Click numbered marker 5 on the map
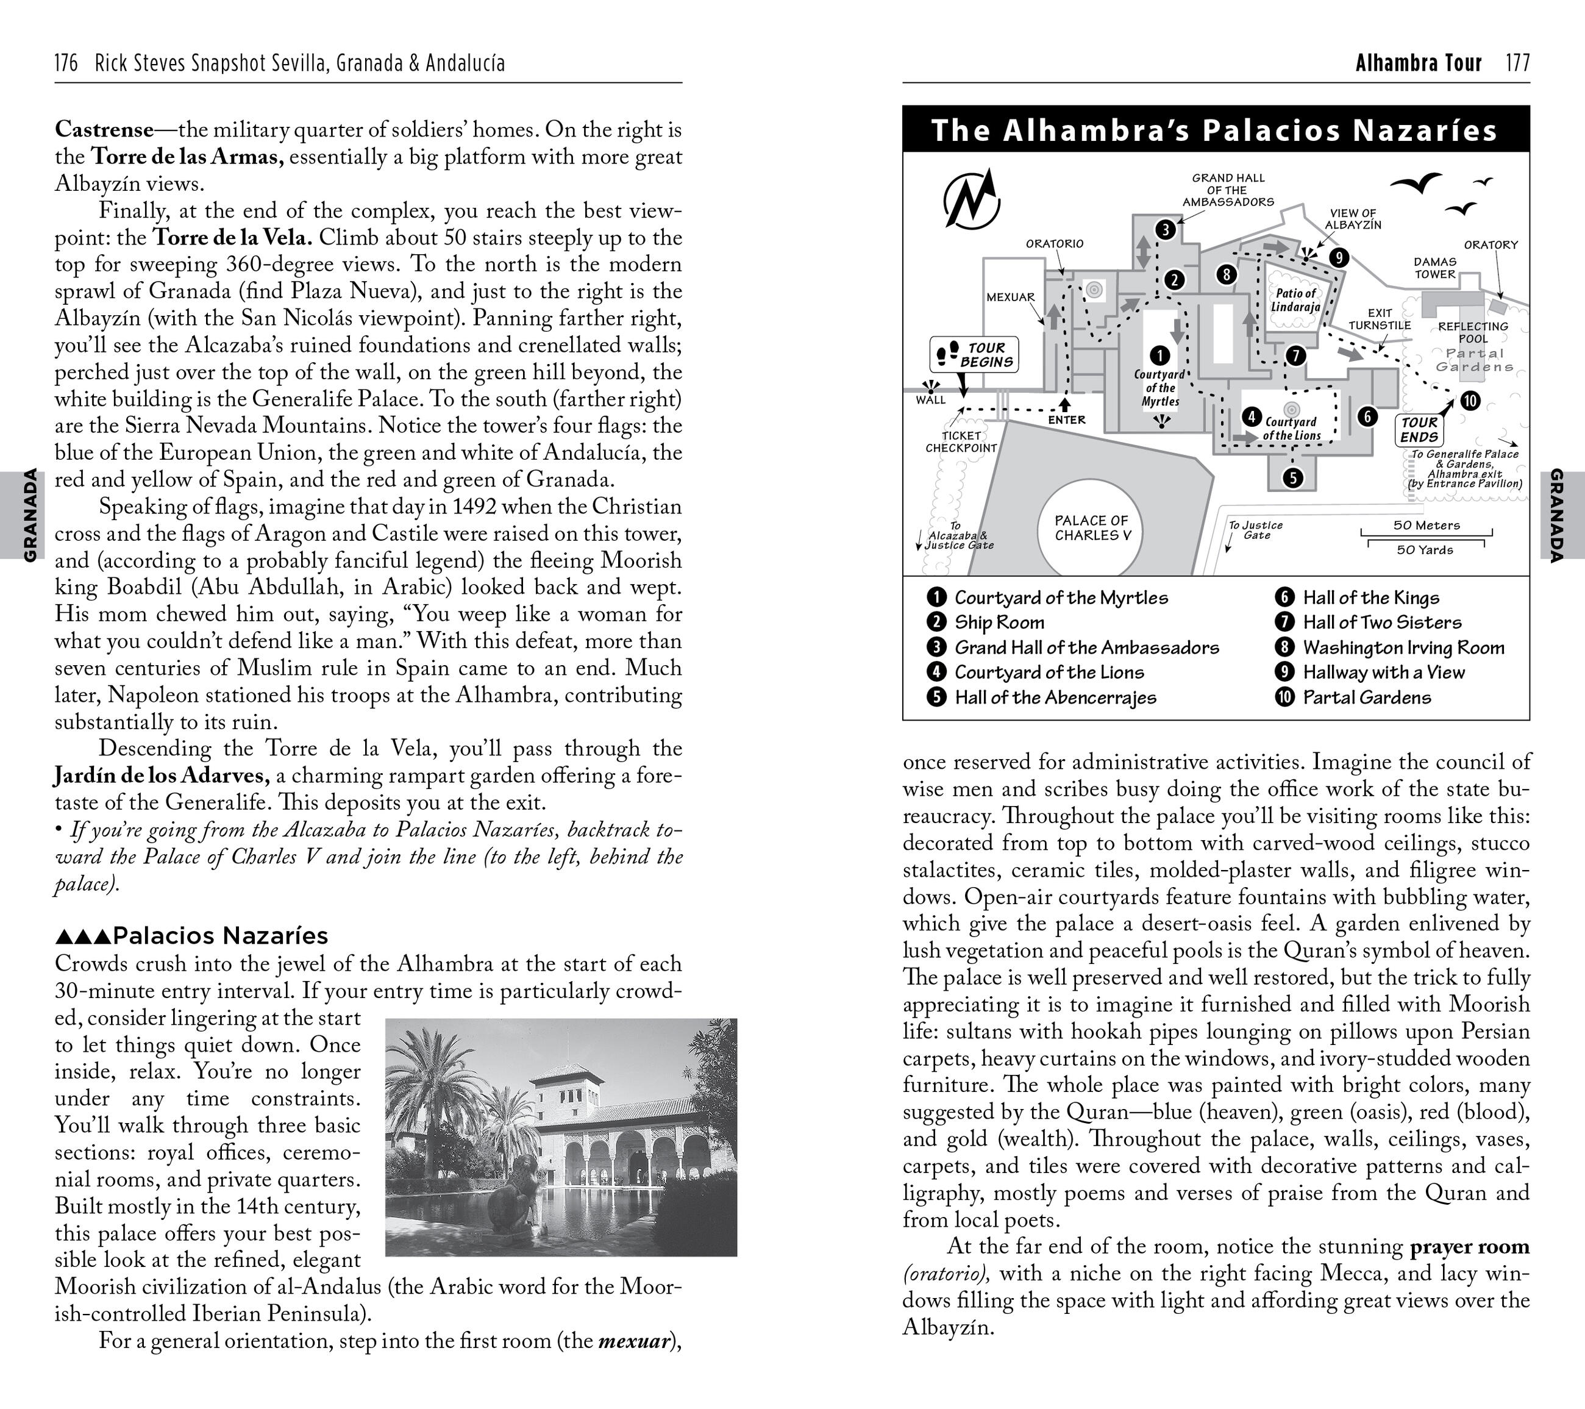tap(1292, 477)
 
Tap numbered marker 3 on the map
tap(1166, 229)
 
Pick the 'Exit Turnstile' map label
tap(1380, 319)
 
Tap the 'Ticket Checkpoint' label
tap(961, 441)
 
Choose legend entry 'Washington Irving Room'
tap(1403, 647)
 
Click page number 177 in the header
tap(1517, 63)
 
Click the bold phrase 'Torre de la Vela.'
tap(233, 237)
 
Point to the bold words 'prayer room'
tap(1469, 1246)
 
